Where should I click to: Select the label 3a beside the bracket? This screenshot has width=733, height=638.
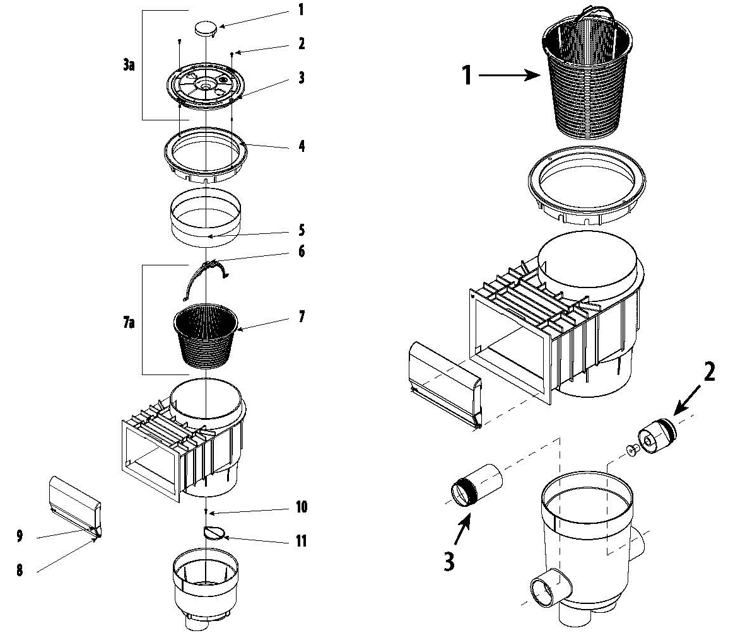click(x=129, y=64)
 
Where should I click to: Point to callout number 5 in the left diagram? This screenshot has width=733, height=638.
click(x=302, y=229)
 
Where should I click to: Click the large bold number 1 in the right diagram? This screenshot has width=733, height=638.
click(x=466, y=76)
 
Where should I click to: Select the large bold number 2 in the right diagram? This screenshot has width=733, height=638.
click(x=709, y=373)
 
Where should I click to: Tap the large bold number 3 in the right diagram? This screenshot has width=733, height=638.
click(x=449, y=560)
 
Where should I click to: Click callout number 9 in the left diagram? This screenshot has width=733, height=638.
click(x=20, y=536)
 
